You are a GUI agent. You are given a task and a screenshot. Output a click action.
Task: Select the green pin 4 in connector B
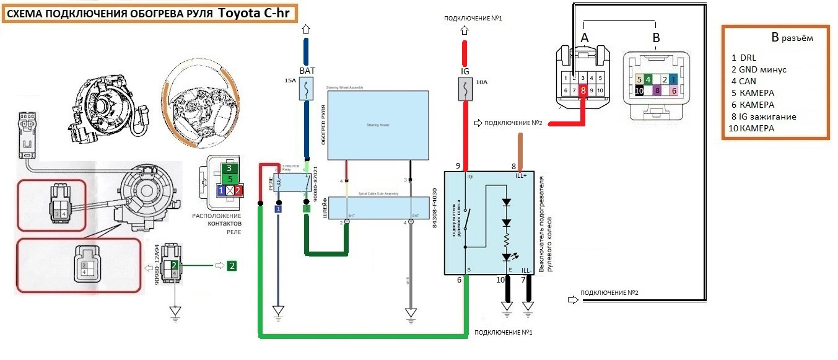click(648, 79)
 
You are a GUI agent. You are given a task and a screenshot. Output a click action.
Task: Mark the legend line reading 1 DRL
click(743, 57)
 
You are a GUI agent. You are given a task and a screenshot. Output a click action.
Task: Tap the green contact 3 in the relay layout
click(229, 168)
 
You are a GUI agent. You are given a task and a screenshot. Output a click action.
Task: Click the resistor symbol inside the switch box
click(506, 239)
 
